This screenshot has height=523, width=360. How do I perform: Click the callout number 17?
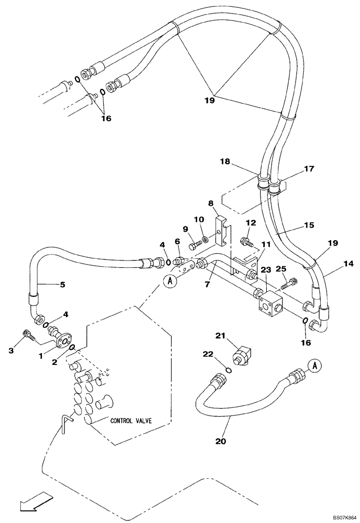[x=309, y=169]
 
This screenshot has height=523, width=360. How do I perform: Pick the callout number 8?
[x=211, y=203]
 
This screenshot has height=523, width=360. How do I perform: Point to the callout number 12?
[x=251, y=223]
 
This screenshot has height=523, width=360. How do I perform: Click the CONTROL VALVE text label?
[x=131, y=420]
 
